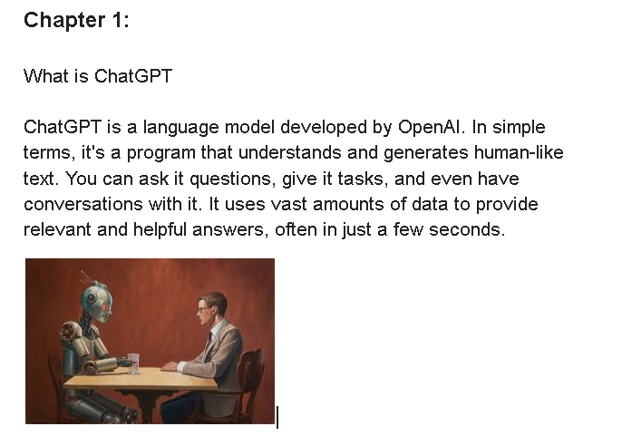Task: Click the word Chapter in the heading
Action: [x=64, y=20]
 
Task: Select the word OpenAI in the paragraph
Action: [x=432, y=127]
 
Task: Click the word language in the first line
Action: [x=181, y=128]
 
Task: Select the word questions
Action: [x=232, y=179]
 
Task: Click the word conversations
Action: [x=83, y=204]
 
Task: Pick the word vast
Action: [x=288, y=205]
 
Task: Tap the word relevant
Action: [x=57, y=229]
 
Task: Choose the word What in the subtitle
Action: [x=46, y=76]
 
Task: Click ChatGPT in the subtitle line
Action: [x=133, y=76]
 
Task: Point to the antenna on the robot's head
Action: [x=85, y=276]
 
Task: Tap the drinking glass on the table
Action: [x=133, y=363]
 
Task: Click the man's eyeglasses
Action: [x=203, y=309]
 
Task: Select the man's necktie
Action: [x=209, y=338]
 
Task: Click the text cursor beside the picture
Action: [x=277, y=417]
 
